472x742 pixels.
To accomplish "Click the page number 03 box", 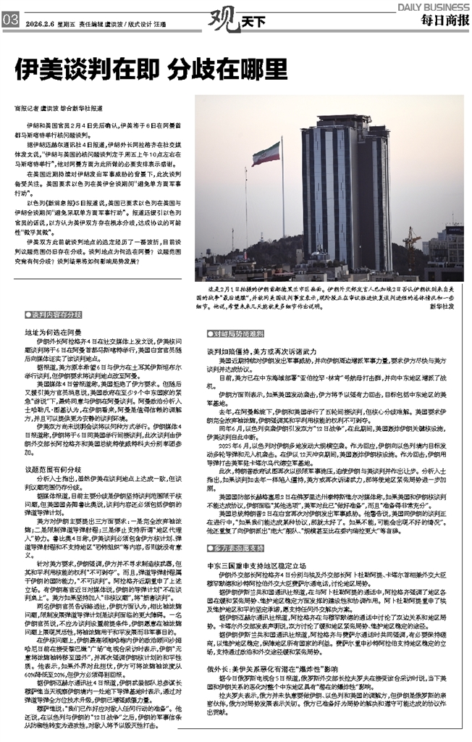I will pos(10,21).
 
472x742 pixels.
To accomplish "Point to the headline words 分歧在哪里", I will pos(224,69).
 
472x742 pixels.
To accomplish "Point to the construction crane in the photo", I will pos(413,246).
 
